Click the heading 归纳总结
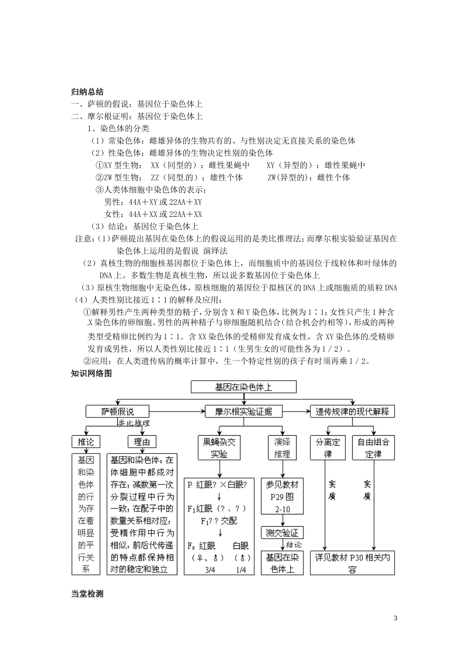click(87, 92)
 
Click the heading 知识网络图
click(92, 374)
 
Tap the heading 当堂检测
click(87, 594)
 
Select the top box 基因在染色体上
click(243, 387)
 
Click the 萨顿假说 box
click(117, 411)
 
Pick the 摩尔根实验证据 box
click(243, 411)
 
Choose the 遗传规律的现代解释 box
click(352, 411)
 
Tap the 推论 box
click(85, 442)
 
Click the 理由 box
click(142, 442)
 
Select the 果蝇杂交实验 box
click(219, 448)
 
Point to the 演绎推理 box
click(282, 448)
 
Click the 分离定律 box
click(328, 448)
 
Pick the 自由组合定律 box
click(373, 448)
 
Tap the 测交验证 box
click(282, 533)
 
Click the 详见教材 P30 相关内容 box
click(352, 563)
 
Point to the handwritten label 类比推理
click(134, 423)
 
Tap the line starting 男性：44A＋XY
click(153, 202)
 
